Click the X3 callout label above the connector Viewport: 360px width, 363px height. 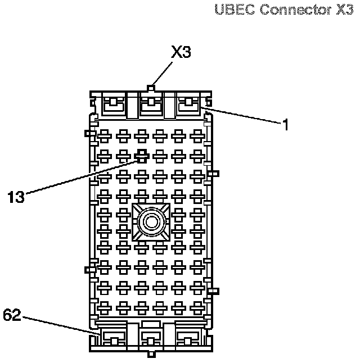(x=181, y=53)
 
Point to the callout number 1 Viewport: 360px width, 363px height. (x=286, y=125)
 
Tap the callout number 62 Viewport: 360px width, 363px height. (x=12, y=315)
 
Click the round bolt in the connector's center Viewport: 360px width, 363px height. (x=151, y=222)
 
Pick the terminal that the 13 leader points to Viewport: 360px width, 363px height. (x=142, y=154)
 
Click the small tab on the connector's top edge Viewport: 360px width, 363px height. (x=151, y=88)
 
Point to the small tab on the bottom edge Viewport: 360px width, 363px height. (x=151, y=354)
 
